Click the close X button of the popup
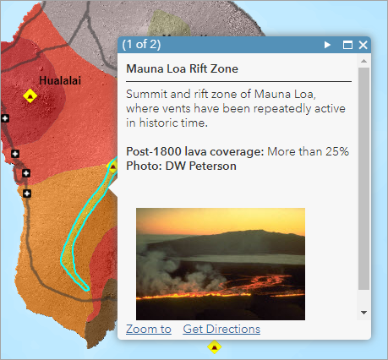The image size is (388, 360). pyautogui.click(x=363, y=45)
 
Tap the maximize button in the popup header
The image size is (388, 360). pyautogui.click(x=347, y=45)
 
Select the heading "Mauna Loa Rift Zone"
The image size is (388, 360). pyautogui.click(x=182, y=68)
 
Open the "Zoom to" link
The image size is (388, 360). pyautogui.click(x=149, y=329)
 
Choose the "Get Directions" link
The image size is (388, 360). pyautogui.click(x=221, y=329)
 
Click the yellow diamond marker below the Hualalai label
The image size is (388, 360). pyautogui.click(x=31, y=95)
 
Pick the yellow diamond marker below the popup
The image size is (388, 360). pyautogui.click(x=216, y=346)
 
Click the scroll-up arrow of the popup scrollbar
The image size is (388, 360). pyautogui.click(x=363, y=62)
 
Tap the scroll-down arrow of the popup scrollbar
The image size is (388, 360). pyautogui.click(x=363, y=312)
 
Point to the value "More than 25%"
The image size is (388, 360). pyautogui.click(x=308, y=151)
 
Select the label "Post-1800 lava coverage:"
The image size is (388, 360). pyautogui.click(x=194, y=151)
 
